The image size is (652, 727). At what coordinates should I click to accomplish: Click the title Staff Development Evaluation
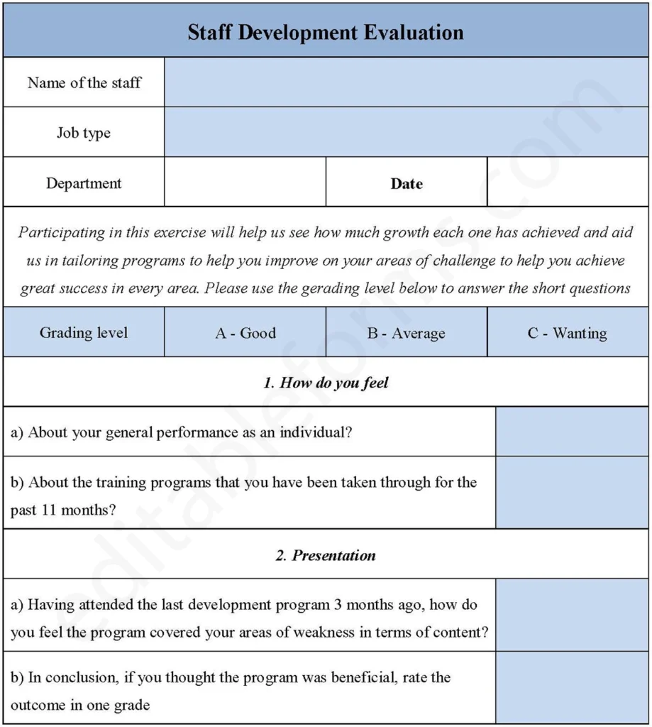326,32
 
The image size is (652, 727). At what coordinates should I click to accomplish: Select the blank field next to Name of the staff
406,82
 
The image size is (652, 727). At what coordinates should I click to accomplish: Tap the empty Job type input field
406,132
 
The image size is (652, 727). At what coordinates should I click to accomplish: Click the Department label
84,183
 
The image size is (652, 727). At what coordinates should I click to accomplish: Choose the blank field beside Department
245,182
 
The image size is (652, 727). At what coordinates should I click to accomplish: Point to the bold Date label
407,183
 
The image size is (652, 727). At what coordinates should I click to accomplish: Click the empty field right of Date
568,182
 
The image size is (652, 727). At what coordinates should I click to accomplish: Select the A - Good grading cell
245,333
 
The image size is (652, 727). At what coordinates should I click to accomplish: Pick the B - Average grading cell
407,333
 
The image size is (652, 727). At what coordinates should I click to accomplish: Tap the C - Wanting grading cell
568,333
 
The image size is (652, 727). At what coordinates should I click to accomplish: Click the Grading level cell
84,333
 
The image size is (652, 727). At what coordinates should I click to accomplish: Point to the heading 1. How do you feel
326,383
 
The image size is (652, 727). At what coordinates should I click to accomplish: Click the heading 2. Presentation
326,555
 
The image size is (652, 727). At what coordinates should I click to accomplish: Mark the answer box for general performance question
572,432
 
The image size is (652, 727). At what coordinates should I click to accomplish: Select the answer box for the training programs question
572,493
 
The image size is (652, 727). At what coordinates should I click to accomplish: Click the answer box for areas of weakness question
572,615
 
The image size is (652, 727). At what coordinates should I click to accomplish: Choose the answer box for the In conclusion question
572,688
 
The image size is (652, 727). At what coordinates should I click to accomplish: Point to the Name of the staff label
84,82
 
